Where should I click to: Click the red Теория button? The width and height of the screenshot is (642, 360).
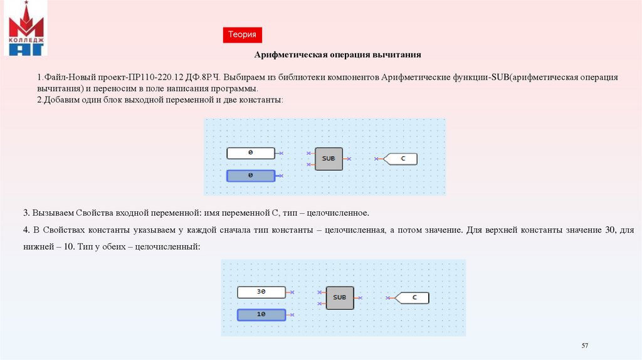tap(241, 35)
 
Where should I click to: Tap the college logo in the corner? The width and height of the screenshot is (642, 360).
tap(26, 29)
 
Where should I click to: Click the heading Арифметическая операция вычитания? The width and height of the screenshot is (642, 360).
tap(337, 55)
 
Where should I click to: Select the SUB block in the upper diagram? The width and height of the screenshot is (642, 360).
tap(329, 159)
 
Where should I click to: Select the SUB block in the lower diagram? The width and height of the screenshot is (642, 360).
tap(339, 297)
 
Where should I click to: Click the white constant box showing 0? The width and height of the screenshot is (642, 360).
tap(250, 153)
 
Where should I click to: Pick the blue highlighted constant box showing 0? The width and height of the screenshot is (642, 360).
tap(250, 176)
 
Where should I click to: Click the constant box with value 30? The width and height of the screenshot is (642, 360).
tap(261, 292)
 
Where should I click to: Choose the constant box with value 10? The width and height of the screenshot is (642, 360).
tap(261, 314)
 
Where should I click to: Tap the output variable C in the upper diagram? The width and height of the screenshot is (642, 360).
tap(401, 159)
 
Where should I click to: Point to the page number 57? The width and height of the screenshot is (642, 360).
tap(585, 346)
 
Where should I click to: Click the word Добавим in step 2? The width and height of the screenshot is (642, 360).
tap(63, 100)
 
